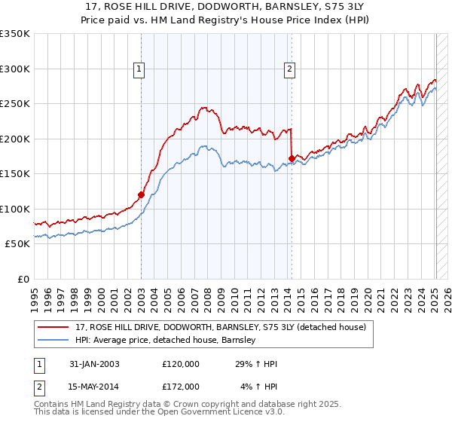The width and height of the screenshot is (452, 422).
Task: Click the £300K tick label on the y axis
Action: [x=15, y=69]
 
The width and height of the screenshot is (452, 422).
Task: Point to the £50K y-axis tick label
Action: [x=17, y=244]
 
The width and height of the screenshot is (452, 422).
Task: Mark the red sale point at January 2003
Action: [x=141, y=194]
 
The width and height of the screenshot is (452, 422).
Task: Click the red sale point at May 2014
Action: [x=292, y=158]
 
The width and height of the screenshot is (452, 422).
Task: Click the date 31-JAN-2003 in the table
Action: [x=94, y=364]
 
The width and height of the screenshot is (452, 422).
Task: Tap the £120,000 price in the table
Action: [x=181, y=364]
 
